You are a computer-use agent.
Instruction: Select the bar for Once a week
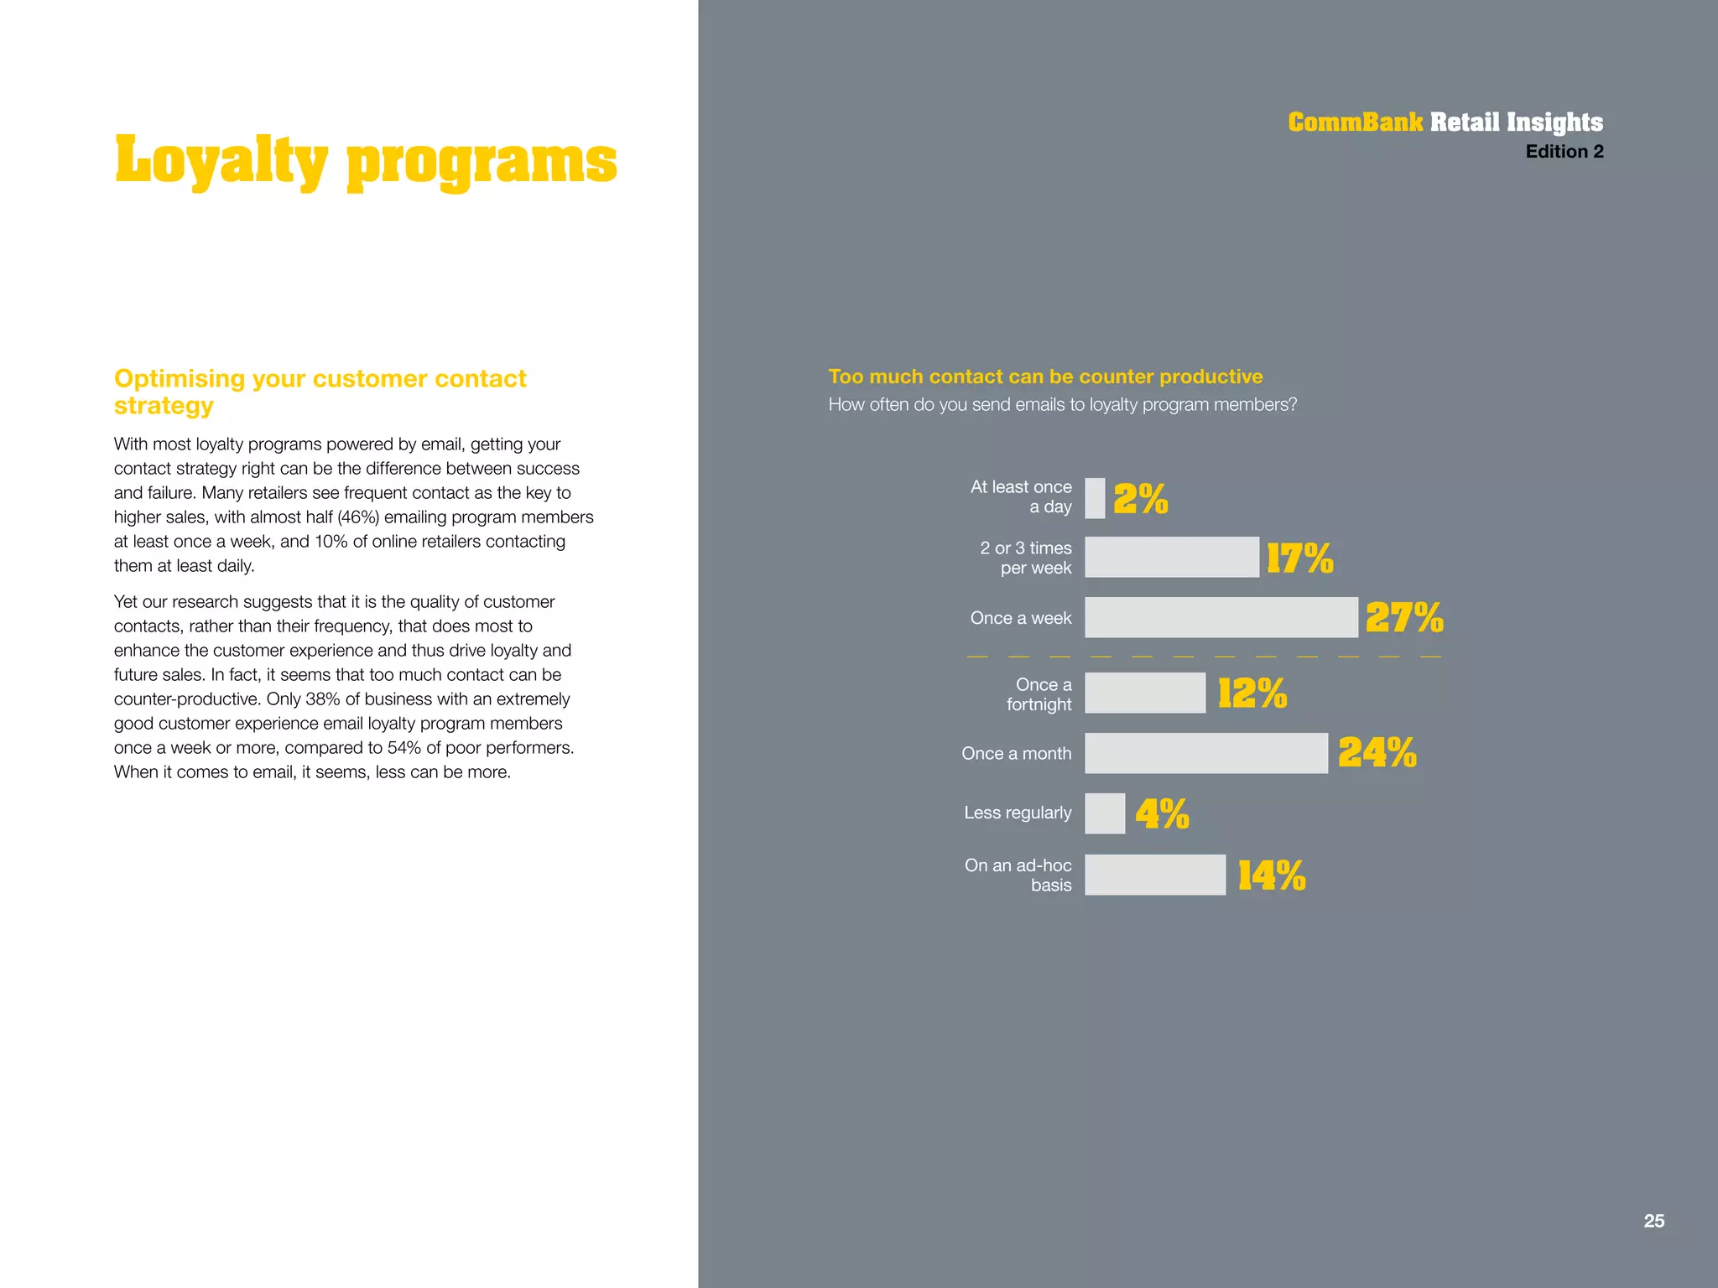pyautogui.click(x=1221, y=617)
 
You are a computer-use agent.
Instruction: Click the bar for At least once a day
pyautogui.click(x=1095, y=498)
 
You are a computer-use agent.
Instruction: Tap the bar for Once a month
pyautogui.click(x=1205, y=753)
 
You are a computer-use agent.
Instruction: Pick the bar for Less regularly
pyautogui.click(x=1105, y=813)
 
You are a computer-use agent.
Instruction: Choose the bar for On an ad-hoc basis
pyautogui.click(x=1154, y=875)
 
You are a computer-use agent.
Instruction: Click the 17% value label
pyautogui.click(x=1299, y=558)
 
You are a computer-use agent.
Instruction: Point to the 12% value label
pyautogui.click(x=1252, y=693)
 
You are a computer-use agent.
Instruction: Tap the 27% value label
pyautogui.click(x=1403, y=618)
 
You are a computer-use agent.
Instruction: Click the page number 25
pyautogui.click(x=1653, y=1221)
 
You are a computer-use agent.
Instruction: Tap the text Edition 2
pyautogui.click(x=1564, y=152)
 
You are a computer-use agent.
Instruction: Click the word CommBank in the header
pyautogui.click(x=1355, y=122)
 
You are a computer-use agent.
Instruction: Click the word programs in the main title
pyautogui.click(x=482, y=163)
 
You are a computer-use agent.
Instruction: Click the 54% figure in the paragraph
pyautogui.click(x=404, y=748)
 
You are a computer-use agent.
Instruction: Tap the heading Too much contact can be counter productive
pyautogui.click(x=1045, y=377)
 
